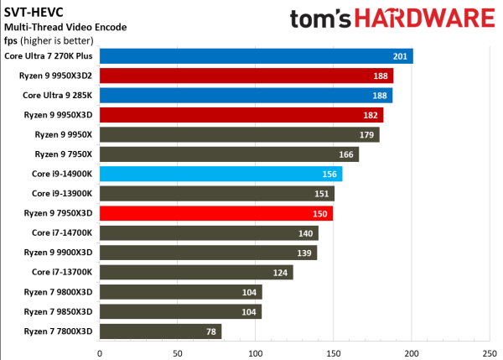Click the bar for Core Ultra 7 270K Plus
[256, 56]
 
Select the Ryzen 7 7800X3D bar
[160, 331]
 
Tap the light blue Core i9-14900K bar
[220, 174]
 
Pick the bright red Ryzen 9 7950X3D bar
[216, 213]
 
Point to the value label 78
[211, 331]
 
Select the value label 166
[347, 154]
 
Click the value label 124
[282, 272]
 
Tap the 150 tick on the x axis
[334, 353]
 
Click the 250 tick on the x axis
[490, 353]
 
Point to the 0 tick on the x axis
[100, 353]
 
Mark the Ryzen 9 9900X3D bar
[208, 253]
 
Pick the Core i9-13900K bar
[217, 194]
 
